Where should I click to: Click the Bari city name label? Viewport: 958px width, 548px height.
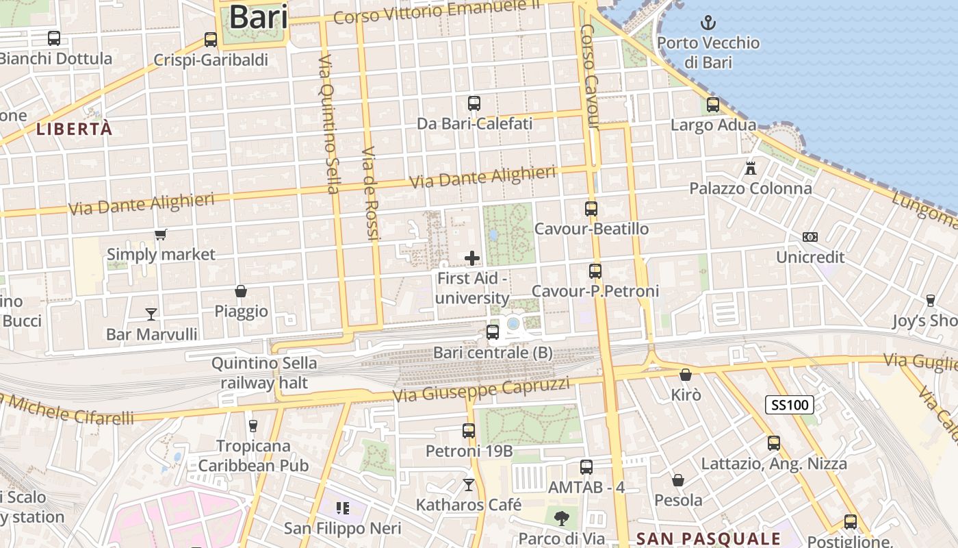click(257, 17)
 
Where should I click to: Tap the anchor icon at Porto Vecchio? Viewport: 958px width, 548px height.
click(708, 23)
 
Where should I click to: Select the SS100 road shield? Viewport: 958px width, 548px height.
click(789, 405)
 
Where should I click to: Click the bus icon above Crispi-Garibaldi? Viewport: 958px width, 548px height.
click(211, 40)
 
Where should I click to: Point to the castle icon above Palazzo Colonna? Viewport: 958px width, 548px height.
click(751, 168)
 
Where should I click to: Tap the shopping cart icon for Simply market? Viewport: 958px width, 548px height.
click(161, 235)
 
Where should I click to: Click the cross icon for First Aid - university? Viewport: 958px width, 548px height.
click(472, 258)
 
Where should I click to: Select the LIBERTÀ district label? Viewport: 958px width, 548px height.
click(74, 129)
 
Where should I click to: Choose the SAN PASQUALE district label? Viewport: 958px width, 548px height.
click(708, 538)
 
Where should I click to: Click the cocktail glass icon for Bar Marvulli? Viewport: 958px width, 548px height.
click(151, 314)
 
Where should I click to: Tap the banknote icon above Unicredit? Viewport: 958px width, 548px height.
click(810, 237)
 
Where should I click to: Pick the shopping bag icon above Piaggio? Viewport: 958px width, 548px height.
click(241, 291)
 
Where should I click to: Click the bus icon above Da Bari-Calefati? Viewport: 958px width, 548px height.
click(474, 103)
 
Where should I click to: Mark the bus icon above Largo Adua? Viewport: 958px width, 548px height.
click(713, 105)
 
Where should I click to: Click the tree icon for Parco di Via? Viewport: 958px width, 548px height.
click(562, 519)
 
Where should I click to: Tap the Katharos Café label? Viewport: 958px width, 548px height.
click(469, 505)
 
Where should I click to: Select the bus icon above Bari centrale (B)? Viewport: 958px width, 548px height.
click(493, 332)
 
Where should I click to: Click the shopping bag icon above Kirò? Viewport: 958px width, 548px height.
click(686, 375)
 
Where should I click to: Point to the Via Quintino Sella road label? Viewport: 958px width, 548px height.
click(329, 125)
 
